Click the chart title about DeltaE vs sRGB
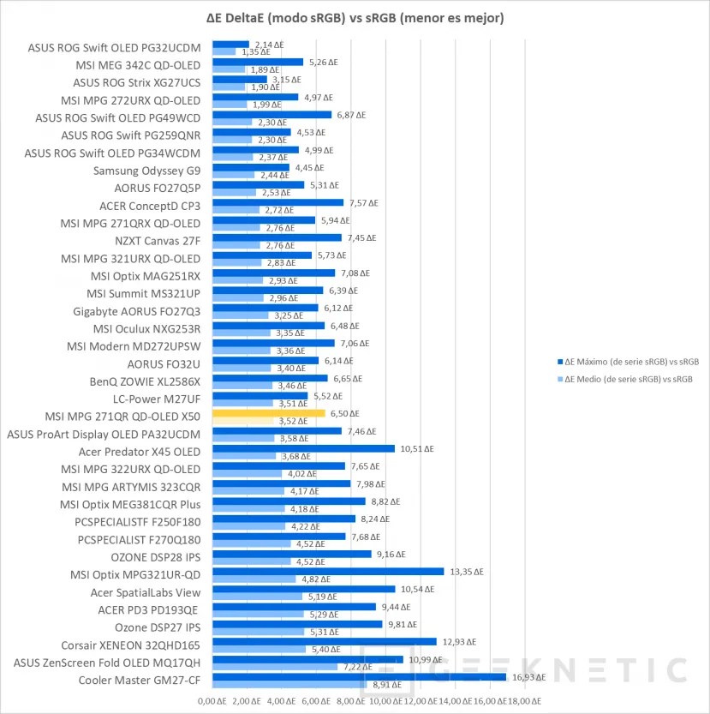(355, 17)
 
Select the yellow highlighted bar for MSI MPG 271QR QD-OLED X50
(268, 413)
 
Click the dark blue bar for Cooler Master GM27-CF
(358, 677)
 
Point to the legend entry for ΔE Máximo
(630, 362)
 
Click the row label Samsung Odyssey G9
(147, 171)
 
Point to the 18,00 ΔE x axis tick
(524, 702)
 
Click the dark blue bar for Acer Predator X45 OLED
(303, 448)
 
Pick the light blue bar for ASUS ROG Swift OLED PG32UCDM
(224, 52)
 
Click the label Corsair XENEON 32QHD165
(131, 645)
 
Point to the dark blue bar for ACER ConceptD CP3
(277, 202)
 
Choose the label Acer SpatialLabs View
(146, 592)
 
